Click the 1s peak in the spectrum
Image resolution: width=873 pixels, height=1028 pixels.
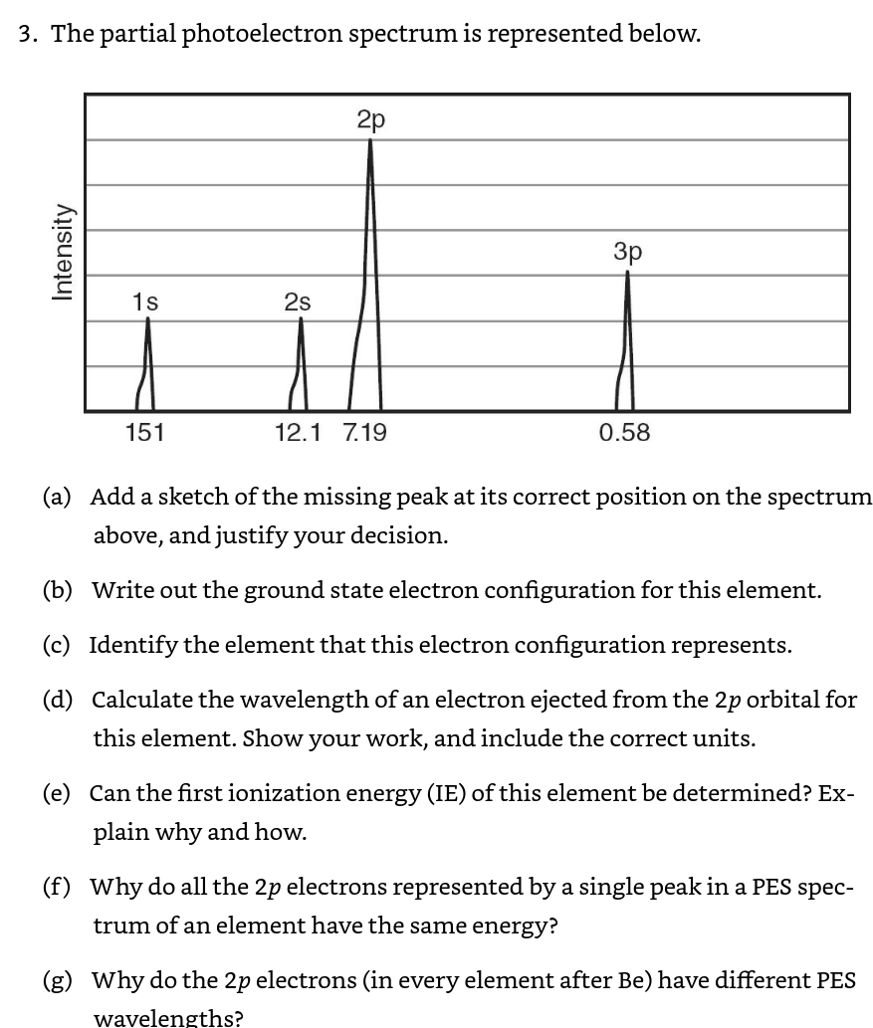[147, 368]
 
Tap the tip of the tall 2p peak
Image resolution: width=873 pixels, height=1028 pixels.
[370, 141]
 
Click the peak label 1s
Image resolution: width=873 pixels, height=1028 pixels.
[145, 301]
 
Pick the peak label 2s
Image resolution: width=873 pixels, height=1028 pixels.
[298, 301]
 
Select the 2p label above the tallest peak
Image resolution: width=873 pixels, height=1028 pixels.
[370, 120]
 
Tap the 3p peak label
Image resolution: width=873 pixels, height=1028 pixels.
[628, 252]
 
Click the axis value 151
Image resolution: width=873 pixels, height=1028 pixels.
[144, 433]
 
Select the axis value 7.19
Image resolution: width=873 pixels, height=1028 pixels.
[364, 433]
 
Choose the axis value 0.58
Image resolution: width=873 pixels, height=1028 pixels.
[624, 433]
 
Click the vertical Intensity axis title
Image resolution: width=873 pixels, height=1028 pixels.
[64, 251]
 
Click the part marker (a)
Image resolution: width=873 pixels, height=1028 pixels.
[56, 497]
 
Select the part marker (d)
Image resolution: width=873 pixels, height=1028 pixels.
[57, 700]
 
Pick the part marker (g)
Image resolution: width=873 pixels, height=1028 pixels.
[57, 980]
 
